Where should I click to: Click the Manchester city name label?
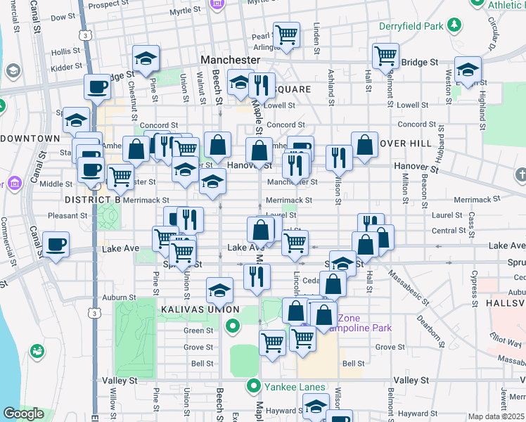230,60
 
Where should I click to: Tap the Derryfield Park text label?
411,26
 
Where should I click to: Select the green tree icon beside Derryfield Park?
455,26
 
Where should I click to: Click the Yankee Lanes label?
295,387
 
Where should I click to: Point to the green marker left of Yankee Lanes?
254,386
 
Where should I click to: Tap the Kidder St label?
67,66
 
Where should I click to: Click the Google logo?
23,414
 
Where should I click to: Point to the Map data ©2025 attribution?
496,416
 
